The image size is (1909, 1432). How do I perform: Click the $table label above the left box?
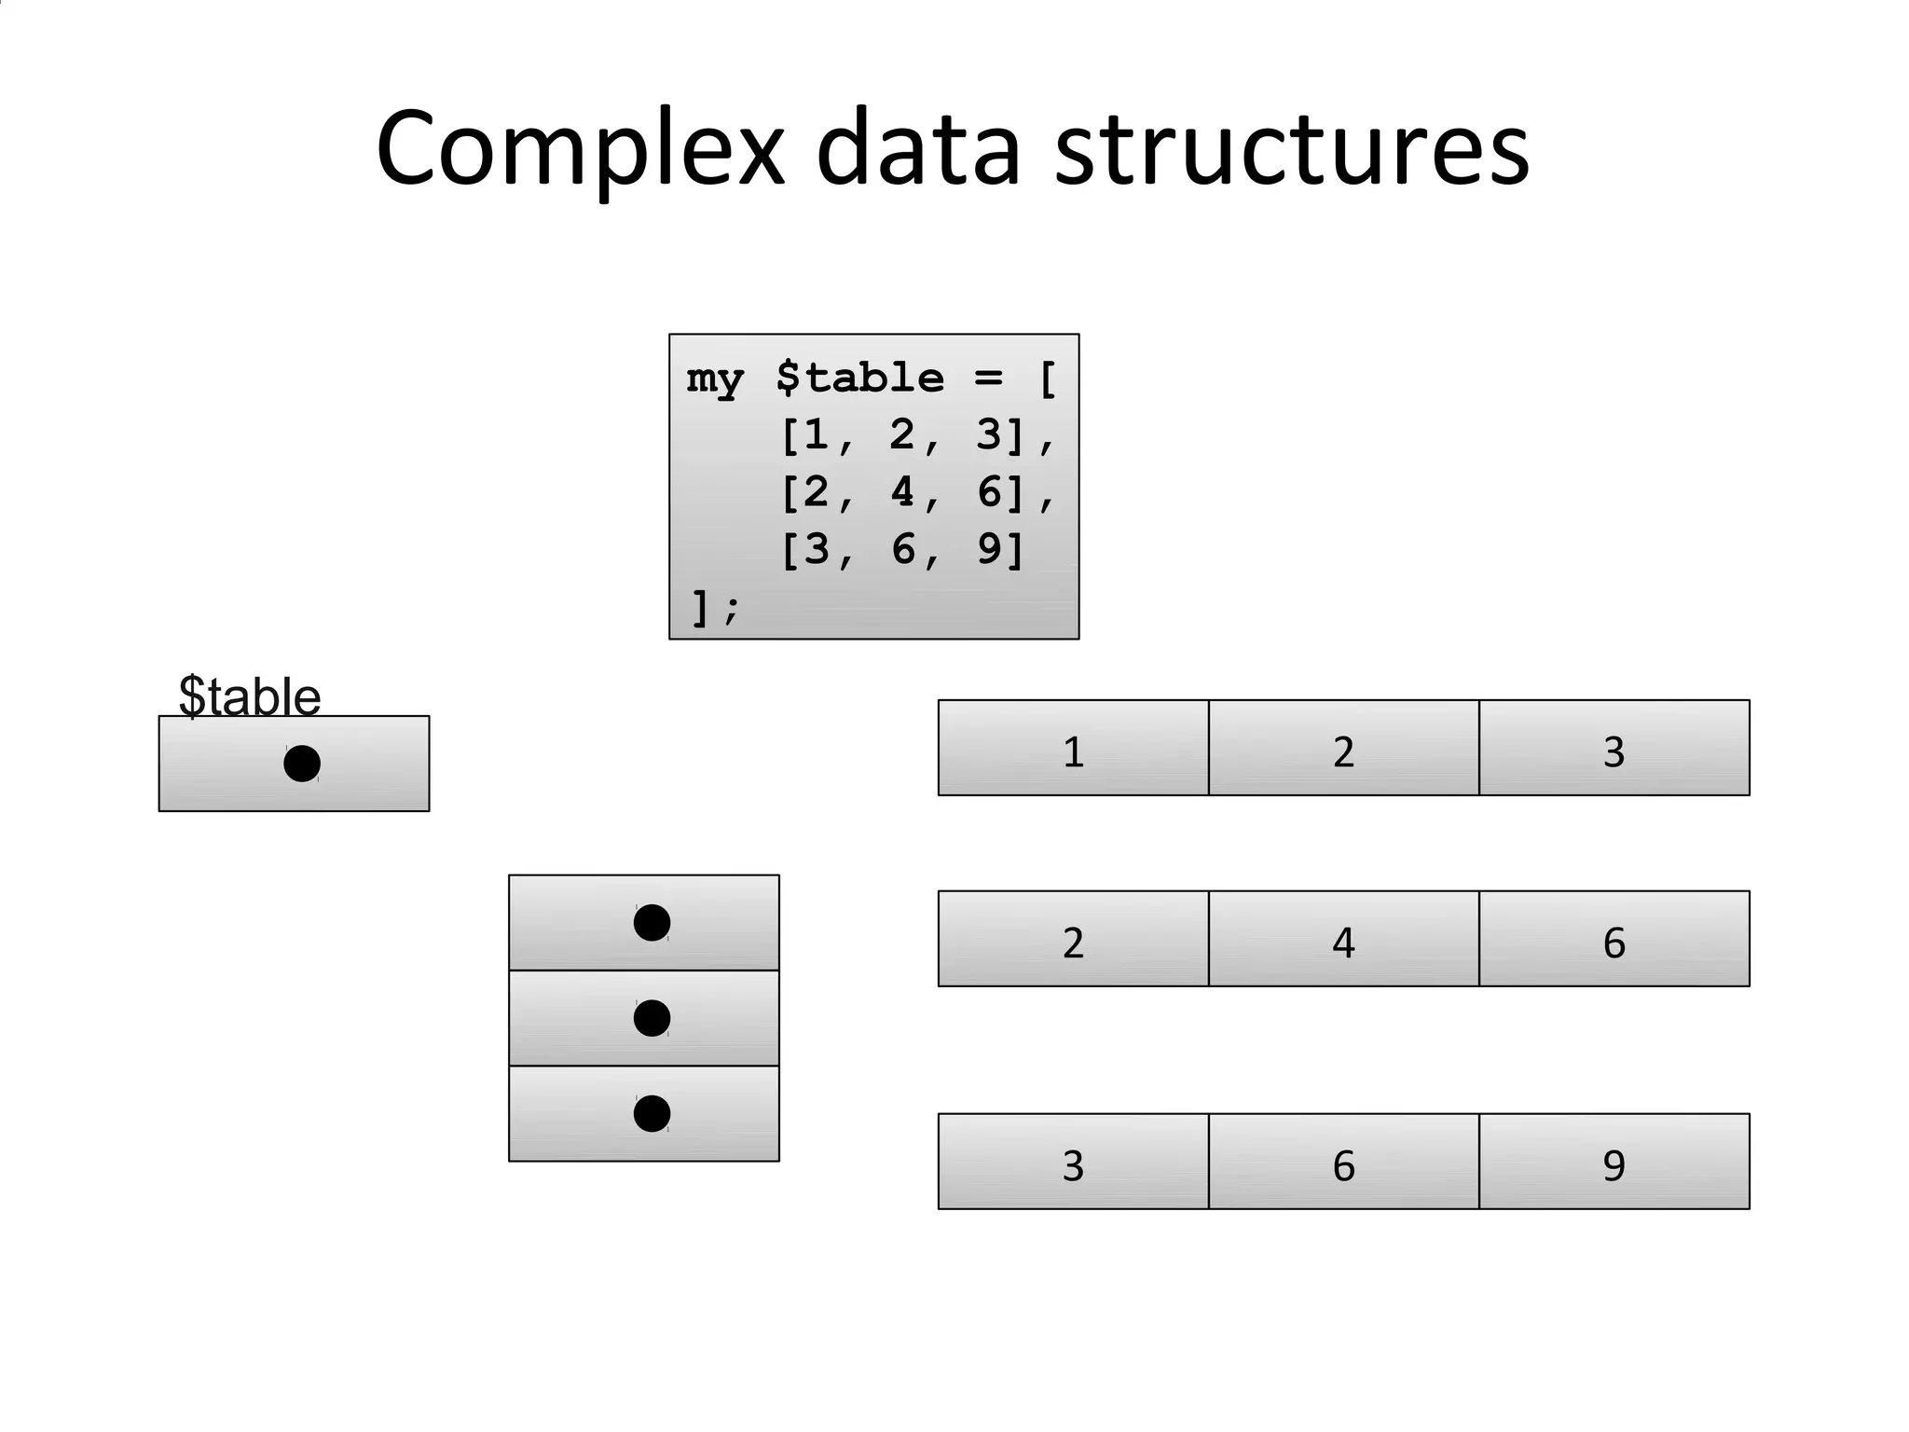click(x=249, y=695)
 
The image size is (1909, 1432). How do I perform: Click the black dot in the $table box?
click(x=302, y=764)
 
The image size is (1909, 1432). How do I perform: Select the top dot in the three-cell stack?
click(x=652, y=922)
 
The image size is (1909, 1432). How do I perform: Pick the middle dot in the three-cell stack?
click(x=652, y=1018)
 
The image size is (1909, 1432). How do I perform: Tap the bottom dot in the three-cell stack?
click(x=652, y=1113)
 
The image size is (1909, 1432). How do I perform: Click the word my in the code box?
click(x=715, y=379)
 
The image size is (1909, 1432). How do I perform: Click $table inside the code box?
click(x=859, y=379)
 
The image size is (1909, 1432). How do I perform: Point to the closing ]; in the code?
click(x=713, y=607)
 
